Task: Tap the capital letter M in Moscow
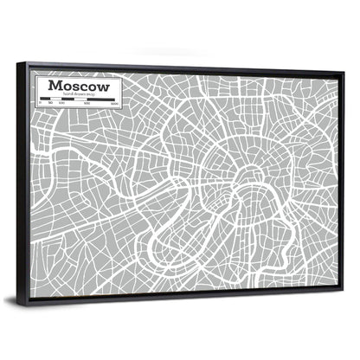pos(55,87)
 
